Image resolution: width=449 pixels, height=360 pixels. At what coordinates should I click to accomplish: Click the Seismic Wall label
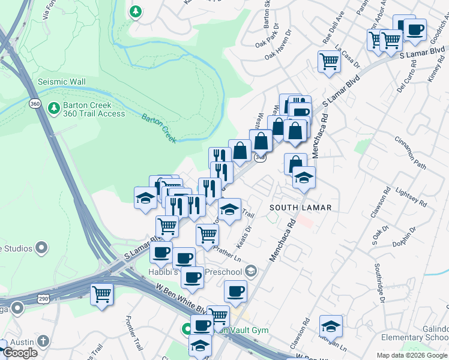(61, 82)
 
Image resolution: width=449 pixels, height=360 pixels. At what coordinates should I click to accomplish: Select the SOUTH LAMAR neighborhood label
(300, 207)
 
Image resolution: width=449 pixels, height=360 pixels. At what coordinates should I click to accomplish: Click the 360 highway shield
(35, 104)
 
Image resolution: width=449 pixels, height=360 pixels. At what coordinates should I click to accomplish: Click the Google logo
(20, 353)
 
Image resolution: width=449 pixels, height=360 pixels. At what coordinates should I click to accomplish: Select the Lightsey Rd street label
(411, 197)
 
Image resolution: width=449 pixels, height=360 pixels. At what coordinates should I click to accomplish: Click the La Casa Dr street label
(348, 55)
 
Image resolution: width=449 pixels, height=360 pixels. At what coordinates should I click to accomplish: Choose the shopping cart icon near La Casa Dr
(329, 61)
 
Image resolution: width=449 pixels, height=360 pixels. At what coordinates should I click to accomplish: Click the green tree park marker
(136, 11)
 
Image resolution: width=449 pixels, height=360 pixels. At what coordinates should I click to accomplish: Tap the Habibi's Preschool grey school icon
(252, 272)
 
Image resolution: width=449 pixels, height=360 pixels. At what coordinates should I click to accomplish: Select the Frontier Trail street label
(134, 333)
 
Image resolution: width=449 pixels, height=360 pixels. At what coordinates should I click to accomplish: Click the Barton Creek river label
(160, 128)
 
